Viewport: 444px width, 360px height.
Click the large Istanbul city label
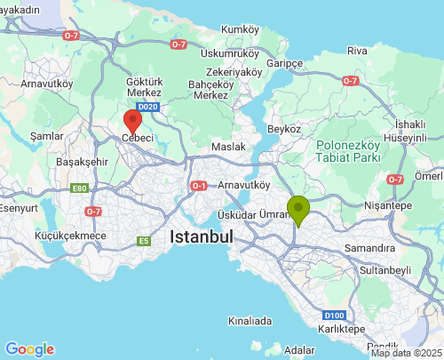click(201, 237)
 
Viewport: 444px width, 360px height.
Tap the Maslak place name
click(228, 147)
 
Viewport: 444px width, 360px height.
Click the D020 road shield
click(148, 108)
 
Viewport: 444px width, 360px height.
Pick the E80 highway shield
click(79, 188)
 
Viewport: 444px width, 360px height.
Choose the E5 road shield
click(144, 240)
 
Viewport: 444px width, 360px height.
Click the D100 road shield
click(334, 315)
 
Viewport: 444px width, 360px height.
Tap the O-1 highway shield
click(198, 186)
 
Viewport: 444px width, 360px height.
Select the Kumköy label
click(240, 29)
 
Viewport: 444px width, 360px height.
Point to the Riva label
click(357, 51)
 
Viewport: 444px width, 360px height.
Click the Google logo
click(29, 349)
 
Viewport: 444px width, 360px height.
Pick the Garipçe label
click(286, 64)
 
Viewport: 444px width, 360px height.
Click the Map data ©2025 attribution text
click(406, 353)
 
